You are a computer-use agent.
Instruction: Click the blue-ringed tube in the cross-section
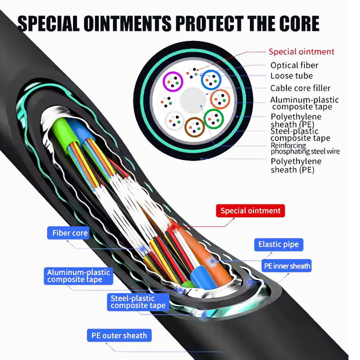212,80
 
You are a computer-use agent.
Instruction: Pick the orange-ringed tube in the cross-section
220,99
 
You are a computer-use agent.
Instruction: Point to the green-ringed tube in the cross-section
214,118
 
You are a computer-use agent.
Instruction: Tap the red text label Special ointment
301,52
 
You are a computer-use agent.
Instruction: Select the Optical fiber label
294,65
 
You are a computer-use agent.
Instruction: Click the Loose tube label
291,76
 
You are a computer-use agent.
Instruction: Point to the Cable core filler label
300,88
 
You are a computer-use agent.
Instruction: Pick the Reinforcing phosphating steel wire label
305,148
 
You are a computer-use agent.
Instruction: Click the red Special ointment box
250,211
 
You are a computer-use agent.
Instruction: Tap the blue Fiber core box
70,233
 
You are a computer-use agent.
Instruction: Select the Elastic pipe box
278,244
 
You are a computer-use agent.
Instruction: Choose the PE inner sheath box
287,266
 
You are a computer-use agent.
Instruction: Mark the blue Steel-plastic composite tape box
138,302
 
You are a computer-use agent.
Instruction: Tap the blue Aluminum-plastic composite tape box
78,276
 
